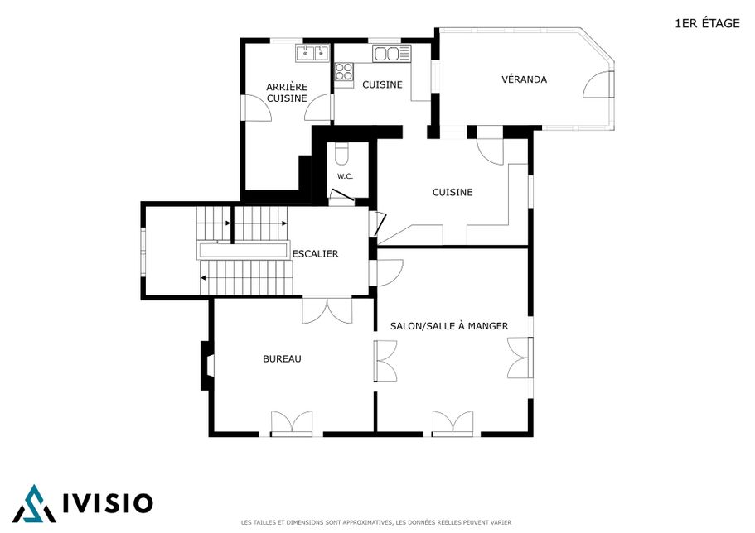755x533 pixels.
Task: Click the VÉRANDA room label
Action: tap(524, 79)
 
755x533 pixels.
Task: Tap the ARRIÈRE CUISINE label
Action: tap(287, 93)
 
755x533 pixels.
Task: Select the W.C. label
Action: tap(345, 176)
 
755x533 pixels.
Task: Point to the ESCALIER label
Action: tap(316, 253)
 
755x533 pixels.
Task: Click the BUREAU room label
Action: tap(282, 359)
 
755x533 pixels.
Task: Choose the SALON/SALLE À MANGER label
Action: tap(448, 326)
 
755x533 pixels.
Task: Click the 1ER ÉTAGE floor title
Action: tap(707, 23)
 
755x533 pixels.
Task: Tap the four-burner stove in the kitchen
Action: tap(344, 73)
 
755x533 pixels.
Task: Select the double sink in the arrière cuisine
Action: tap(312, 53)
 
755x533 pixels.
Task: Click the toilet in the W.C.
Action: tap(342, 153)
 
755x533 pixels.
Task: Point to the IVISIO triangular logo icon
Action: tap(34, 504)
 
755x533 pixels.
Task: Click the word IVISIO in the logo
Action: tap(108, 503)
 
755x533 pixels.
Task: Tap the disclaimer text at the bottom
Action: tap(376, 522)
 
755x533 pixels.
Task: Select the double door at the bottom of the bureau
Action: tap(292, 423)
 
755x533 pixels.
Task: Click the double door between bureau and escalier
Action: tap(327, 310)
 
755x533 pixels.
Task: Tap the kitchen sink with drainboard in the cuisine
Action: tap(392, 54)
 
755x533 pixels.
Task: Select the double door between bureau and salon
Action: tap(385, 361)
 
